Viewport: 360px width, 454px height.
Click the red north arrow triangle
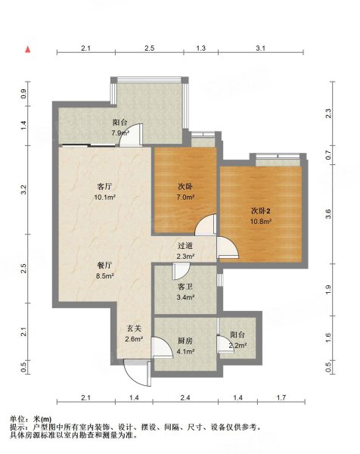[x=28, y=49]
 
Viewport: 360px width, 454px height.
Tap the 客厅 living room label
[x=104, y=186]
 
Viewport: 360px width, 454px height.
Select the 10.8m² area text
[x=261, y=222]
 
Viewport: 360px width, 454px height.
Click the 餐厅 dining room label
[x=104, y=265]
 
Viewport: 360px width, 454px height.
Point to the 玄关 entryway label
[x=134, y=328]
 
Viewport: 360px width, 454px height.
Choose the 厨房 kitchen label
[x=185, y=340]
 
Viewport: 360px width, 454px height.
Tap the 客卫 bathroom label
[x=185, y=287]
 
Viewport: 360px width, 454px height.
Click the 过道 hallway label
[x=185, y=246]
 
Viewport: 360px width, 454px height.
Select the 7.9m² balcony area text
[x=120, y=133]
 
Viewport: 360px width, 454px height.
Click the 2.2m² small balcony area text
[x=238, y=345]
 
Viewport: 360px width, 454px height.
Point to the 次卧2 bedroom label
[x=260, y=211]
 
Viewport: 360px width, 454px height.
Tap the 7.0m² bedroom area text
[x=185, y=197]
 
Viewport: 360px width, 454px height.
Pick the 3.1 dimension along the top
[x=260, y=48]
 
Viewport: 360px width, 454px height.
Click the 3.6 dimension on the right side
[x=328, y=214]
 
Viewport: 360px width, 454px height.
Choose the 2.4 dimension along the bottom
[x=185, y=398]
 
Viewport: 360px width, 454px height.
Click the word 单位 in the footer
[x=17, y=418]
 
